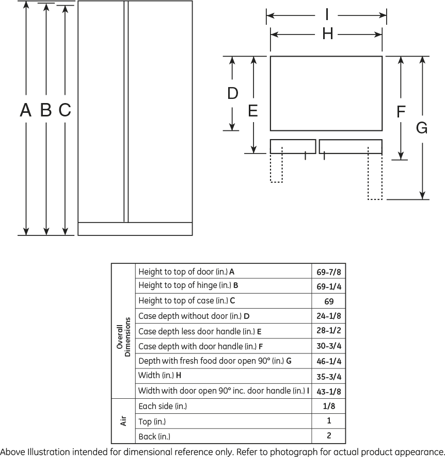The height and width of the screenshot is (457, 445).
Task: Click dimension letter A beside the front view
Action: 26,110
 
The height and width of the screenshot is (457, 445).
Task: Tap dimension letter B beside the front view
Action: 46,110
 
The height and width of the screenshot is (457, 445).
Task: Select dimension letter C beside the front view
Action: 65,110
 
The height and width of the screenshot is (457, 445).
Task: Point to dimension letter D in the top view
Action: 233,93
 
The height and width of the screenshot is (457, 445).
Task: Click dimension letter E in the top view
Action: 253,111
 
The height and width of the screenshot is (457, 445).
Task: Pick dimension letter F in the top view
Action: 401,112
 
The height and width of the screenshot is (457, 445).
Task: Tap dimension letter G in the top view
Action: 422,128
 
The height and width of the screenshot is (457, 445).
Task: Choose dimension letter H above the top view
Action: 328,33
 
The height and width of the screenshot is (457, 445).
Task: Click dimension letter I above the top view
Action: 327,14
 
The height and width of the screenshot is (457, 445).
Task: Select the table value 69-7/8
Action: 329,272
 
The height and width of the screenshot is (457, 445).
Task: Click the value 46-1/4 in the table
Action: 329,361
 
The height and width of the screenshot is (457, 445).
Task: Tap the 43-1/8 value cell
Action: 329,392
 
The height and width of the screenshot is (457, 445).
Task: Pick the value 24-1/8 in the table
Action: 329,316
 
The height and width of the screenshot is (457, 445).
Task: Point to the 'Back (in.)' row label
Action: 154,436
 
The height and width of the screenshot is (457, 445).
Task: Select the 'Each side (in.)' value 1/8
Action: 329,406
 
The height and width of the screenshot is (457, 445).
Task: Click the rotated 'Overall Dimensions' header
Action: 123,337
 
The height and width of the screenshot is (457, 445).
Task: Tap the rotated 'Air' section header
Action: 123,421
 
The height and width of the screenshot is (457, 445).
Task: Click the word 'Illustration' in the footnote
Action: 49,452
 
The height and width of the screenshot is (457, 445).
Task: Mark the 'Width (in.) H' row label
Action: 160,376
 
